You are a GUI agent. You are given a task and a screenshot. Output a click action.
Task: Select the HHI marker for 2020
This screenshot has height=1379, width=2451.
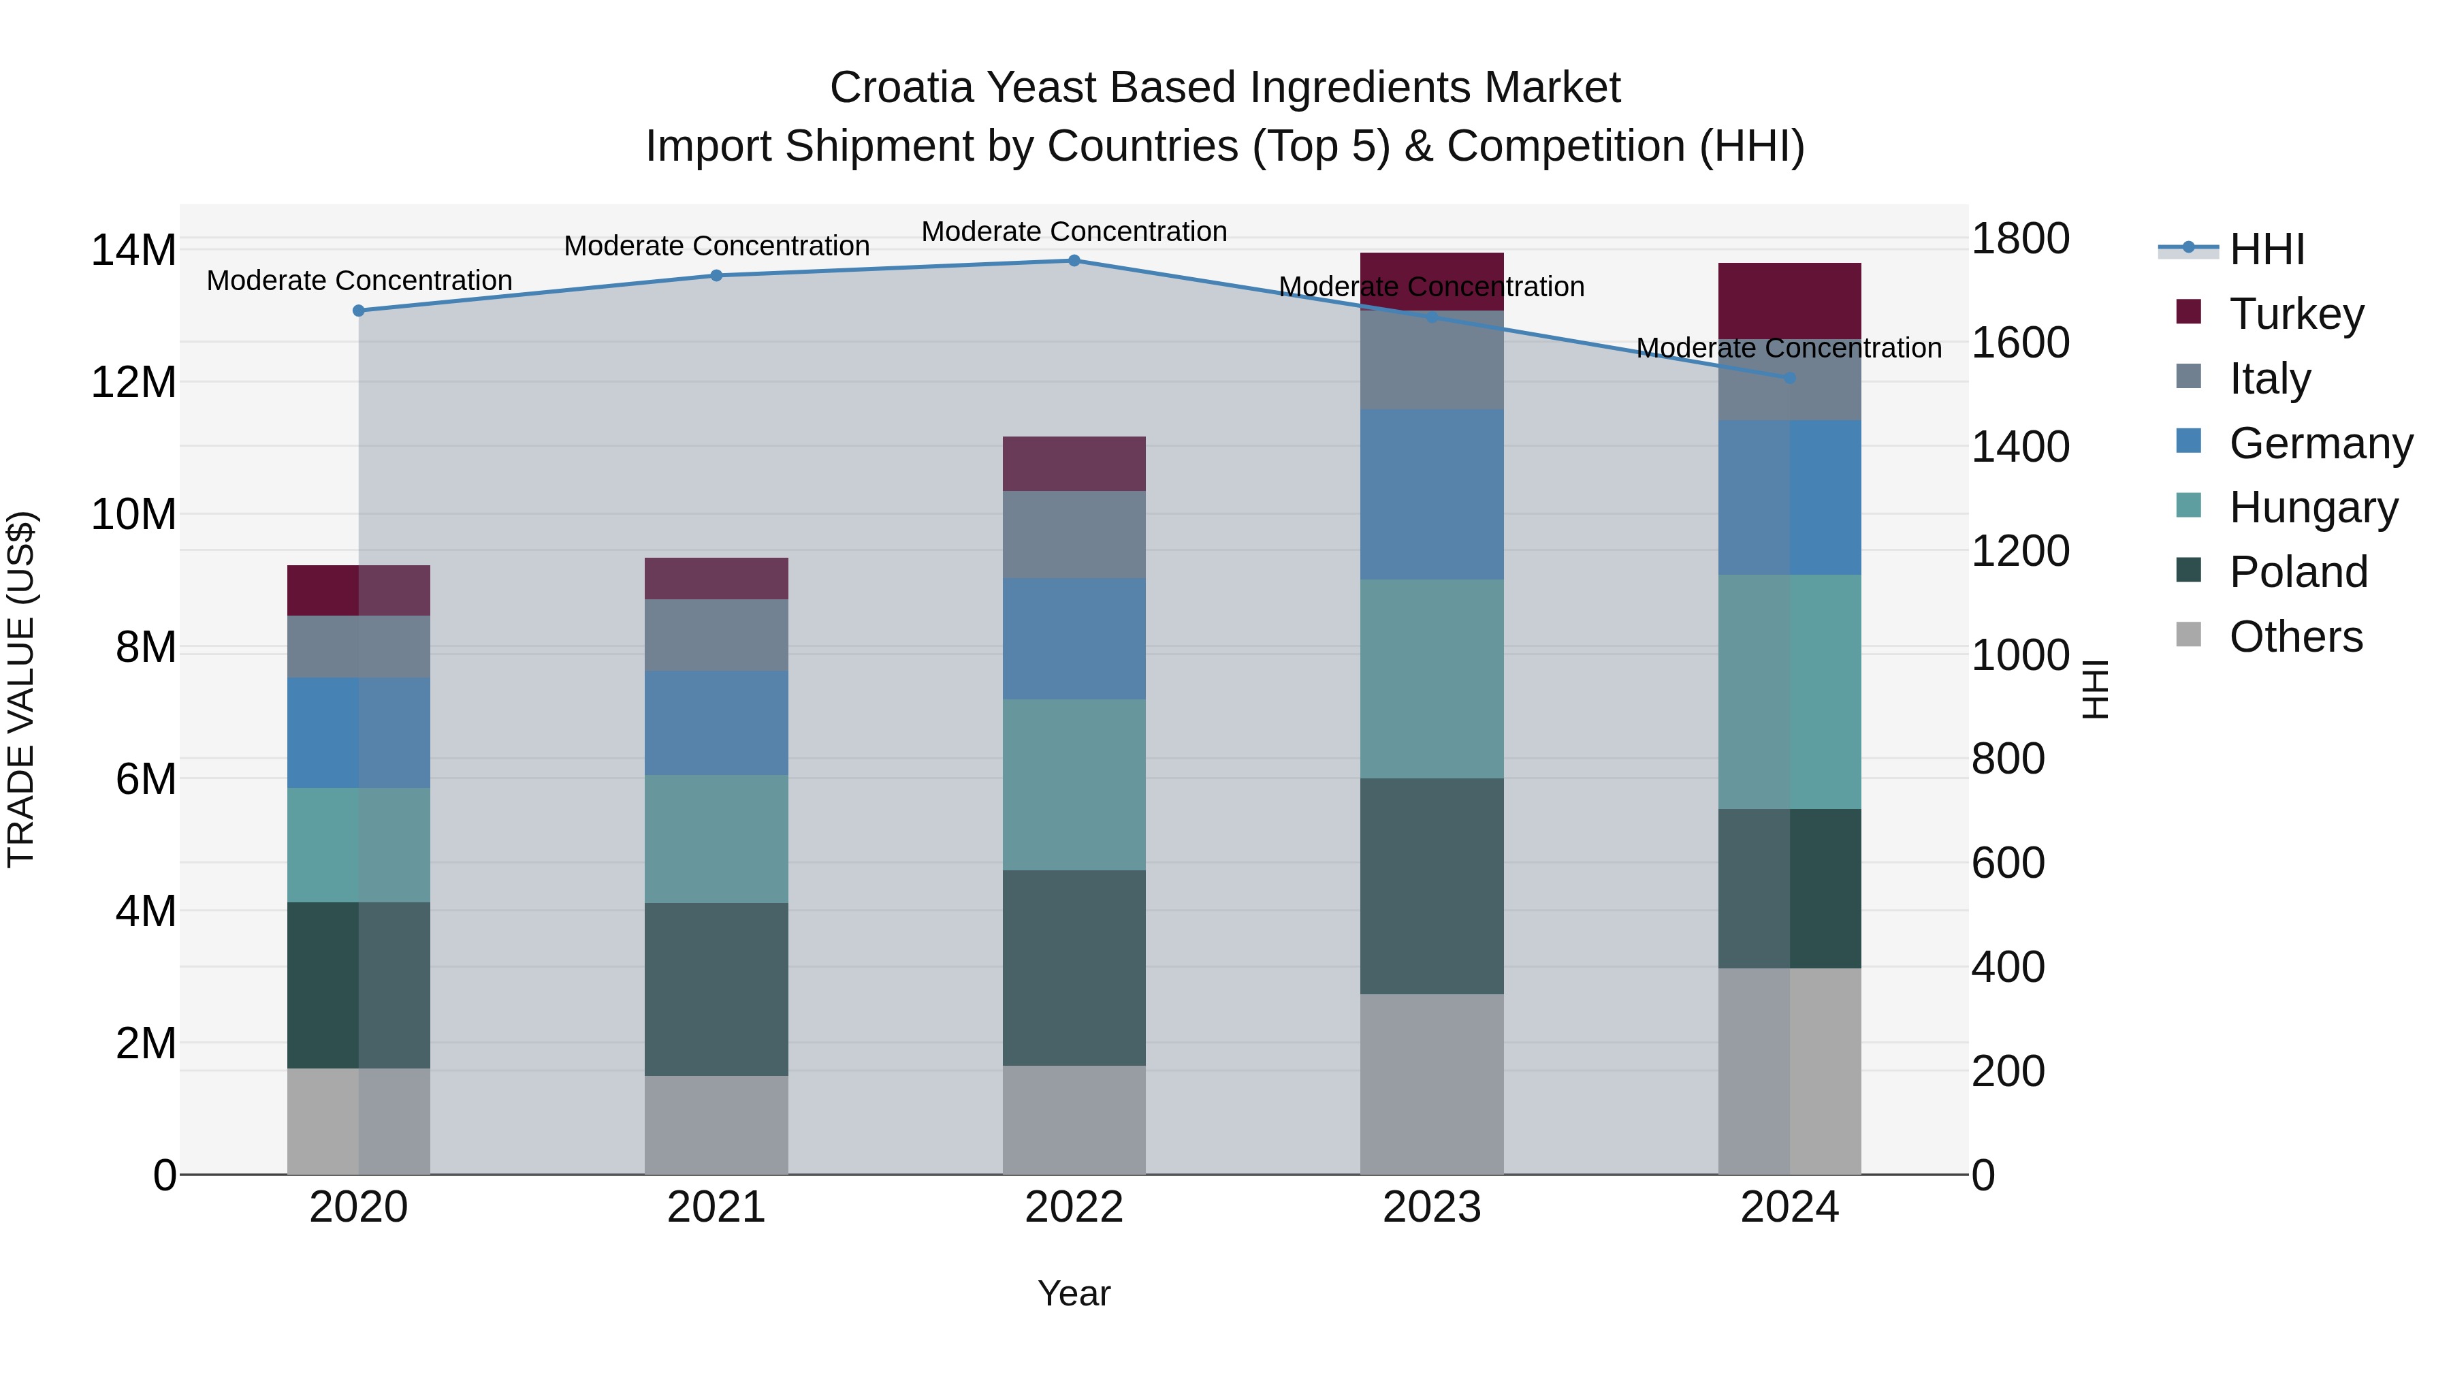point(359,311)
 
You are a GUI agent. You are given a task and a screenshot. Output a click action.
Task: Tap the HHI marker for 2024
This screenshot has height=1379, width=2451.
point(1790,378)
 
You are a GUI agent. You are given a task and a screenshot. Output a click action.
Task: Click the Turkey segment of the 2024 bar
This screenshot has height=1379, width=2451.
point(1790,300)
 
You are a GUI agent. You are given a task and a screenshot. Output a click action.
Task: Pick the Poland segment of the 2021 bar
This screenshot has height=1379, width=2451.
point(716,989)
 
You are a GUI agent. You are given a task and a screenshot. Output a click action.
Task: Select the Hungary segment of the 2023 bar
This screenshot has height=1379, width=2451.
point(1432,678)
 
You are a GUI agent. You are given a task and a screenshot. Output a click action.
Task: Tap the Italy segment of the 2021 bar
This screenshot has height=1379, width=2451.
point(716,635)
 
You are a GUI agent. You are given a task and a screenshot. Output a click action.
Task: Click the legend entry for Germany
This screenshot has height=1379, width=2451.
point(2320,443)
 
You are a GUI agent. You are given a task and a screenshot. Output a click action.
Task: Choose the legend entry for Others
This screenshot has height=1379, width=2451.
point(2295,637)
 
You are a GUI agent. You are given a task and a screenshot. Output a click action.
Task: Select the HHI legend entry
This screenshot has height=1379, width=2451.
point(2266,249)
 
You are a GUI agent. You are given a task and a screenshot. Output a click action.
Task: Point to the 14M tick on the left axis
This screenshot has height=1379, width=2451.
point(133,251)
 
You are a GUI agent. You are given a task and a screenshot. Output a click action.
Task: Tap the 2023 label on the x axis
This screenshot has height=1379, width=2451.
point(1432,1207)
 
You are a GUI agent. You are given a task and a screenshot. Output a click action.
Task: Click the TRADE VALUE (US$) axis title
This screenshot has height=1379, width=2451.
point(21,689)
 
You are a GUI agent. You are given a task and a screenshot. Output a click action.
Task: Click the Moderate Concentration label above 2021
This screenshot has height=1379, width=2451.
point(716,246)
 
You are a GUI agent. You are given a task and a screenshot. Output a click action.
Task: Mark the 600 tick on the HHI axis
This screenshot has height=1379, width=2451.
point(2008,863)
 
